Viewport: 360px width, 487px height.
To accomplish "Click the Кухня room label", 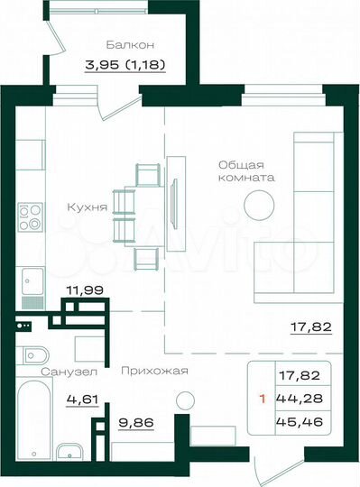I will pyautogui.click(x=87, y=207).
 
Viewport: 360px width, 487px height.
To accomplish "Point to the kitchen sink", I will pyautogui.click(x=32, y=280).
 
